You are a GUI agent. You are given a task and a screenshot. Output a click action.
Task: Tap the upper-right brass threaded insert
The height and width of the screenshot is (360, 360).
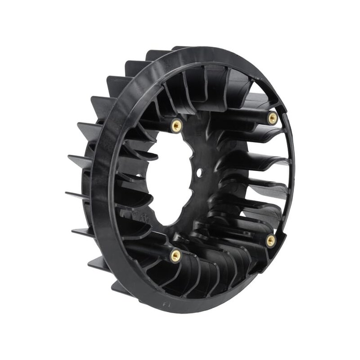[x=272, y=118]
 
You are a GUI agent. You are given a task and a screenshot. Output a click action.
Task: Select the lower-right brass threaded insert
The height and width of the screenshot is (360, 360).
[x=271, y=241]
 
